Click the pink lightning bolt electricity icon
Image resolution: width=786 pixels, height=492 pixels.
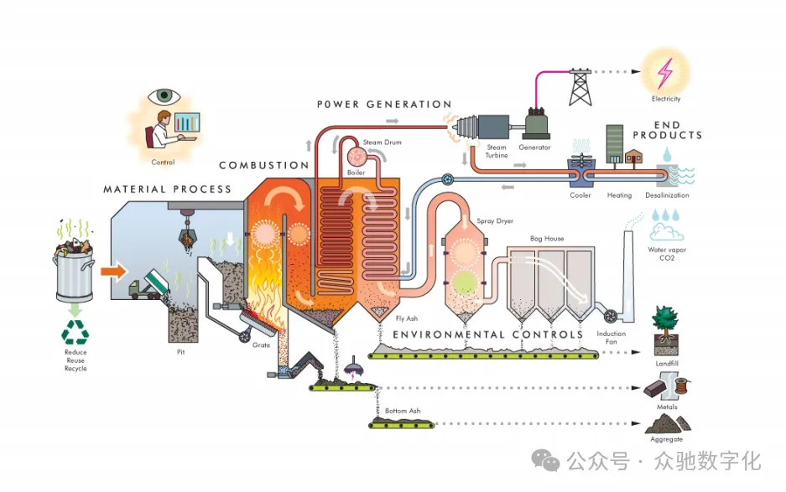point(665,73)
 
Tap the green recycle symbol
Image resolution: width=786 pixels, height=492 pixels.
point(75,334)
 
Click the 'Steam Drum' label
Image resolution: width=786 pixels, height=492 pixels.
point(383,142)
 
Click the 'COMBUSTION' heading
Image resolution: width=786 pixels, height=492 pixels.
point(264,166)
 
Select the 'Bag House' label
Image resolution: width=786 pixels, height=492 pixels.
point(547,239)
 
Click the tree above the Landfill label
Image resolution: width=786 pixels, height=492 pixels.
point(667,325)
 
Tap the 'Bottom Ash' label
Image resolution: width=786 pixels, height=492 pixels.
point(403,411)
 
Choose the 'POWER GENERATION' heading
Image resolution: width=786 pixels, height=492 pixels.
point(384,105)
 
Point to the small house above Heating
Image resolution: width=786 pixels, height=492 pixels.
point(634,157)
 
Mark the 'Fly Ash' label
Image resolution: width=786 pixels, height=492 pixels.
point(407,319)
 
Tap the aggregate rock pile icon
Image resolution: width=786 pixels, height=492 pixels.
point(667,424)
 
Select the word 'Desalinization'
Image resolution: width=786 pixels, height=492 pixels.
point(667,195)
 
